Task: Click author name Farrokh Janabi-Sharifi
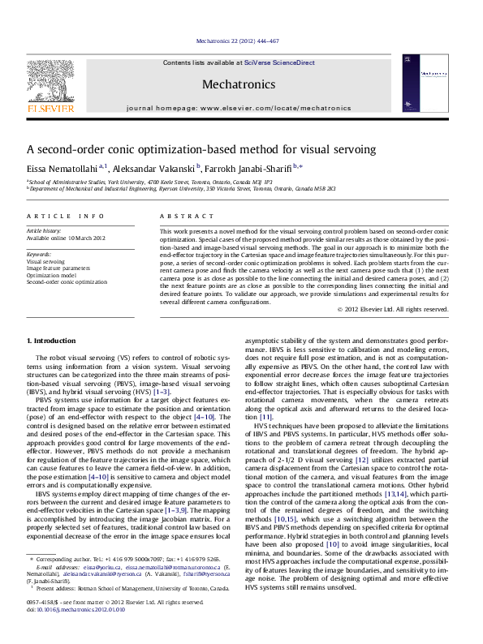click(252, 168)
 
